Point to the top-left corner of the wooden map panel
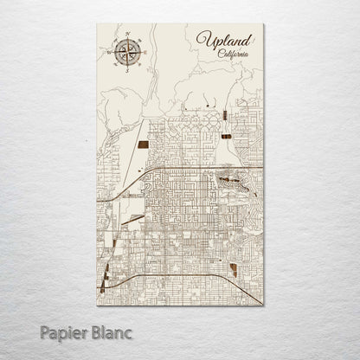pyautogui.click(x=96, y=23)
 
